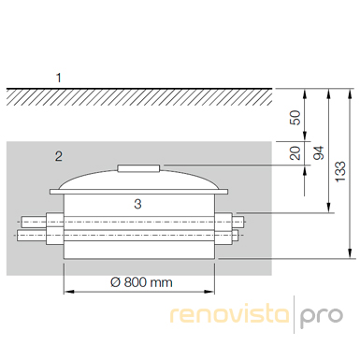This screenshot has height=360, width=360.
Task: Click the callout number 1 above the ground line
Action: tap(59, 78)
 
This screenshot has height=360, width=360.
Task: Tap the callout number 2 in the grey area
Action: tap(59, 156)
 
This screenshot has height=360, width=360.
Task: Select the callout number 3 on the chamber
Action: tap(137, 204)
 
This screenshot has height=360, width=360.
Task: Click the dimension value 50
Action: tap(295, 118)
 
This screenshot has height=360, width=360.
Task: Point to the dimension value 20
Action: tap(295, 152)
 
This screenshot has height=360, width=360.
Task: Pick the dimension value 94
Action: tap(319, 153)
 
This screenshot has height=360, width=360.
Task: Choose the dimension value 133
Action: tap(340, 172)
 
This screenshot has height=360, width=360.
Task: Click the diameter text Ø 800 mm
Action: tap(141, 282)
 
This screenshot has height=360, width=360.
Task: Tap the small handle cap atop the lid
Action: tap(138, 168)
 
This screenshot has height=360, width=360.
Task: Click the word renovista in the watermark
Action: tap(230, 314)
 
